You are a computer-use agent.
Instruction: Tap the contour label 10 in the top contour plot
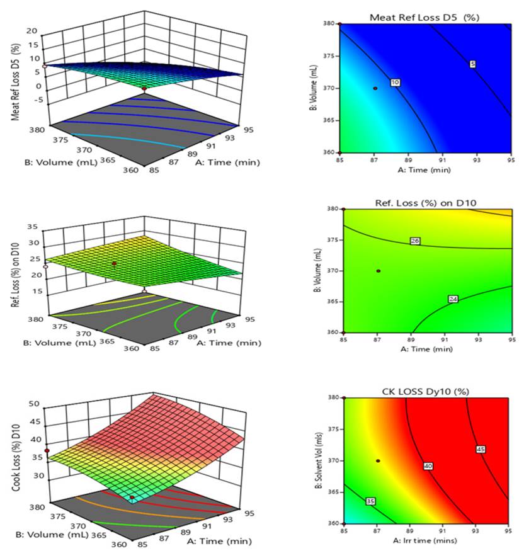pyautogui.click(x=396, y=83)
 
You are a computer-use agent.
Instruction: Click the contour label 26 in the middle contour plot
pyautogui.click(x=414, y=241)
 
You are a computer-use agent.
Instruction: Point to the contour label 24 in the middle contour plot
pyautogui.click(x=453, y=299)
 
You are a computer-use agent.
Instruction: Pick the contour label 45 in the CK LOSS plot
pyautogui.click(x=482, y=449)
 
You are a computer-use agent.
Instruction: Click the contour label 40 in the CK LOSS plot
pyautogui.click(x=429, y=466)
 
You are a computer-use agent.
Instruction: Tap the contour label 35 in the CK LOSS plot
pyautogui.click(x=370, y=501)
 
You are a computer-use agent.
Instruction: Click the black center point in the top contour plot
pyautogui.click(x=375, y=89)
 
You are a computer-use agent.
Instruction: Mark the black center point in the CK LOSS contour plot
pyautogui.click(x=378, y=460)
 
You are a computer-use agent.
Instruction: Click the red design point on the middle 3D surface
pyautogui.click(x=114, y=263)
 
